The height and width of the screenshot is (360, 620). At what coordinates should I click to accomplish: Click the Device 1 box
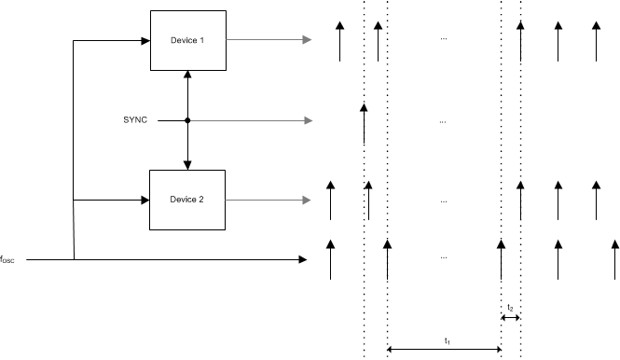click(187, 40)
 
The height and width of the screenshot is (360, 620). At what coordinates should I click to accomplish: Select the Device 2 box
click(187, 200)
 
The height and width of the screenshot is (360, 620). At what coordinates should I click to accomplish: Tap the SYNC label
click(136, 120)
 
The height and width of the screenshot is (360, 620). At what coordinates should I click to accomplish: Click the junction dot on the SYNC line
click(187, 120)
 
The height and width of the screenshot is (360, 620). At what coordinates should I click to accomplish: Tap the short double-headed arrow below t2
click(510, 318)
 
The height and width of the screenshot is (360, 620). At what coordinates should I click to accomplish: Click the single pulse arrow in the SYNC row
click(364, 120)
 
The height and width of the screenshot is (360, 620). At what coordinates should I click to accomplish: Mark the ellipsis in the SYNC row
click(443, 121)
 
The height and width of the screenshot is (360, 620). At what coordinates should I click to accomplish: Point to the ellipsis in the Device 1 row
click(443, 40)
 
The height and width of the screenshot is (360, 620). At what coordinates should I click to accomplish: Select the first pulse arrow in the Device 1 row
click(339, 40)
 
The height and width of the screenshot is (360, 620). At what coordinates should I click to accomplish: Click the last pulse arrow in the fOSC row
click(614, 258)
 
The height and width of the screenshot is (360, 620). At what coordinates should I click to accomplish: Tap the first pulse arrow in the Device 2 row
click(329, 200)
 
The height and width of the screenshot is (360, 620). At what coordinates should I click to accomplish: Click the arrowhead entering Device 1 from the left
click(145, 40)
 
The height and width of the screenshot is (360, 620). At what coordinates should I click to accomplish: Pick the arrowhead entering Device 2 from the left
click(145, 200)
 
